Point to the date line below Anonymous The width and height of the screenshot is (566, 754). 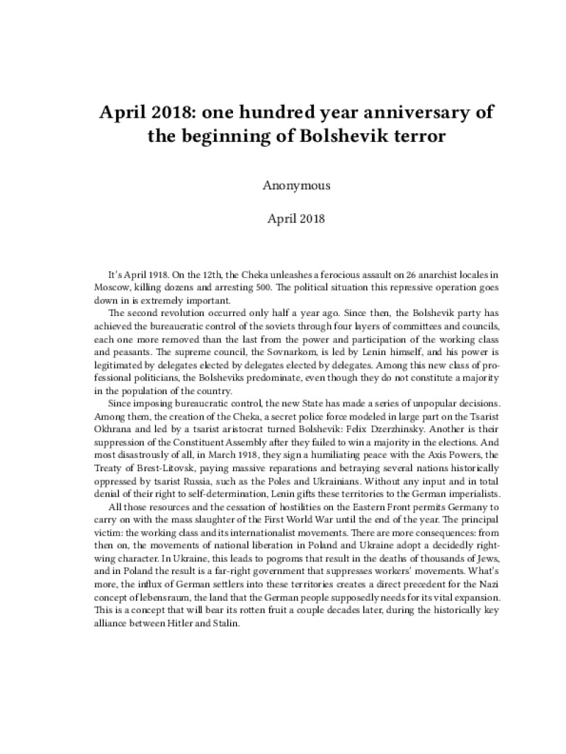(x=296, y=218)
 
